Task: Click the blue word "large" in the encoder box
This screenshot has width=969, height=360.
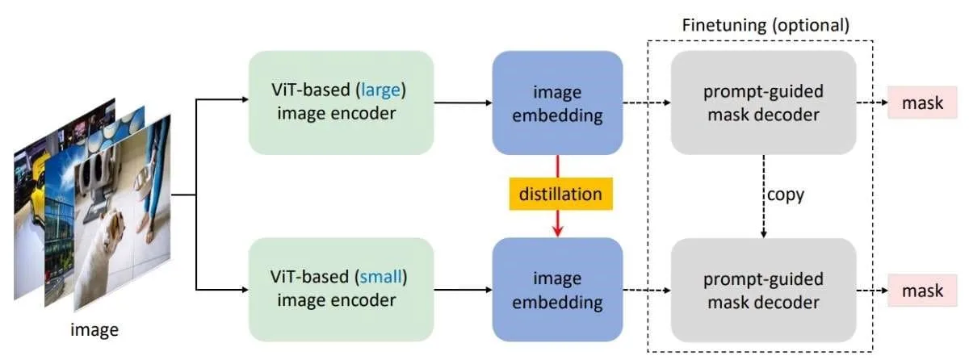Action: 380,90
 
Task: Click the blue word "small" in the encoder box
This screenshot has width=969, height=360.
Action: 380,277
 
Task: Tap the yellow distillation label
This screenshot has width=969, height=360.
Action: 560,194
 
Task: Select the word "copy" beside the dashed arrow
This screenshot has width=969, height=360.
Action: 786,195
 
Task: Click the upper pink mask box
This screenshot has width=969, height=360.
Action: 922,103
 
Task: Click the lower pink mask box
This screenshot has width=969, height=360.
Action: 922,291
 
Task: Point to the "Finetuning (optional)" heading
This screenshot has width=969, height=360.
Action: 766,25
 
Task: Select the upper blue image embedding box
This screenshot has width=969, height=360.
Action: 558,103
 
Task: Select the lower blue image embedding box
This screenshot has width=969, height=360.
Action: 558,290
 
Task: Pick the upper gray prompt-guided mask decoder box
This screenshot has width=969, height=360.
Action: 764,103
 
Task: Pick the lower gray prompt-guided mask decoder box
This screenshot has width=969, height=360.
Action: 764,290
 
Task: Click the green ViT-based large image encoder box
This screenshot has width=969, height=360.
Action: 342,103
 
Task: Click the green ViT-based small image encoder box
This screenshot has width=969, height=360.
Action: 342,290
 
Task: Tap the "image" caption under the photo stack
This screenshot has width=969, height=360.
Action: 94,330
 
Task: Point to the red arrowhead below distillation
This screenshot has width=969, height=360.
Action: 558,231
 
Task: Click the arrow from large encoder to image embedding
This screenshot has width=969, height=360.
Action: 463,103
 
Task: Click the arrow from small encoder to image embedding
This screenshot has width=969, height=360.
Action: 463,290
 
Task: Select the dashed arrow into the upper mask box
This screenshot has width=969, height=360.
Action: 872,103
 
